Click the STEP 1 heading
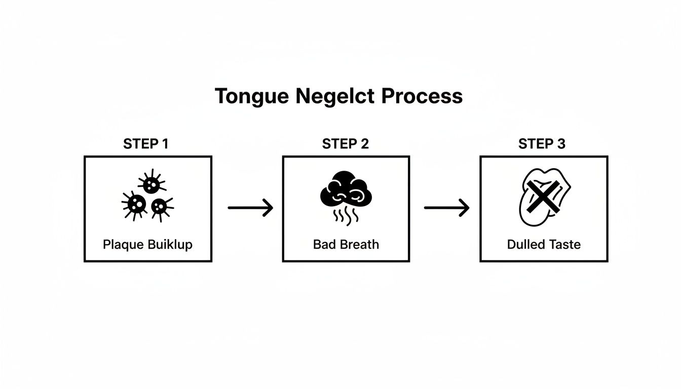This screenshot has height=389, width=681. pyautogui.click(x=146, y=144)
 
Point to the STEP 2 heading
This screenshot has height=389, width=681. pyautogui.click(x=345, y=144)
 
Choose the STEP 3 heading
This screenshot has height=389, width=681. pyautogui.click(x=542, y=144)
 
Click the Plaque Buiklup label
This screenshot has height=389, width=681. pyautogui.click(x=147, y=245)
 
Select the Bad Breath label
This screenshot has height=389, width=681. pyautogui.click(x=346, y=245)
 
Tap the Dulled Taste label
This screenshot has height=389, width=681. pyautogui.click(x=544, y=245)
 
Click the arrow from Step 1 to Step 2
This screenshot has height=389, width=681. pyautogui.click(x=250, y=208)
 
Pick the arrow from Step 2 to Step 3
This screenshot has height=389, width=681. pyautogui.click(x=446, y=208)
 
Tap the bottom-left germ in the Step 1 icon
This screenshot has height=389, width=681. pyautogui.click(x=136, y=205)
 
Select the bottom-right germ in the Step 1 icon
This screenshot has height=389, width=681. pyautogui.click(x=160, y=206)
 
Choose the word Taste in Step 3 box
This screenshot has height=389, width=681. pyautogui.click(x=564, y=245)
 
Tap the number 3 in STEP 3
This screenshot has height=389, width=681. pyautogui.click(x=561, y=144)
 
